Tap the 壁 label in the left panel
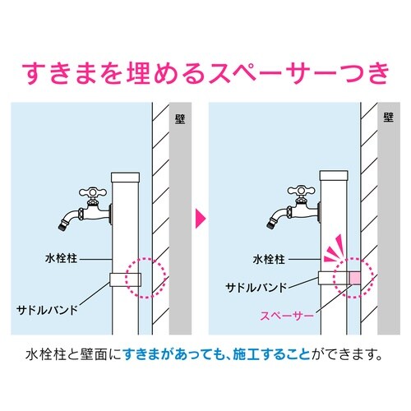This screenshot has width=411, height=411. [x=180, y=119]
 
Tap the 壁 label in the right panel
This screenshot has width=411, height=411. [x=389, y=118]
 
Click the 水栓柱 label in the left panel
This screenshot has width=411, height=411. [x=61, y=258]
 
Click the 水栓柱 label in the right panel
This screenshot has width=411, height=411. [x=269, y=259]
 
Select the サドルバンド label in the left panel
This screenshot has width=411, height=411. [x=47, y=310]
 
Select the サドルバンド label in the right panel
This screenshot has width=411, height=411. [x=256, y=288]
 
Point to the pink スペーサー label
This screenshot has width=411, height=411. [x=287, y=316]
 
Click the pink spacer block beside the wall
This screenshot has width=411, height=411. [x=355, y=278]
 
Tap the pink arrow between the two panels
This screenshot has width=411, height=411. [x=201, y=219]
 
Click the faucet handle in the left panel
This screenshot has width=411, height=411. [x=92, y=192]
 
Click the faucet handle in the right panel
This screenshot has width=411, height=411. [x=301, y=190]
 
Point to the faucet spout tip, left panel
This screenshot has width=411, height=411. [x=62, y=226]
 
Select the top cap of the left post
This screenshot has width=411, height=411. [x=125, y=177]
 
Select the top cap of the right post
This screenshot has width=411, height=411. [x=334, y=175]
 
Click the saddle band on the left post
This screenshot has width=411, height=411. [x=125, y=279]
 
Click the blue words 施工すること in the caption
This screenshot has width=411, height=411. [x=271, y=355]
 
